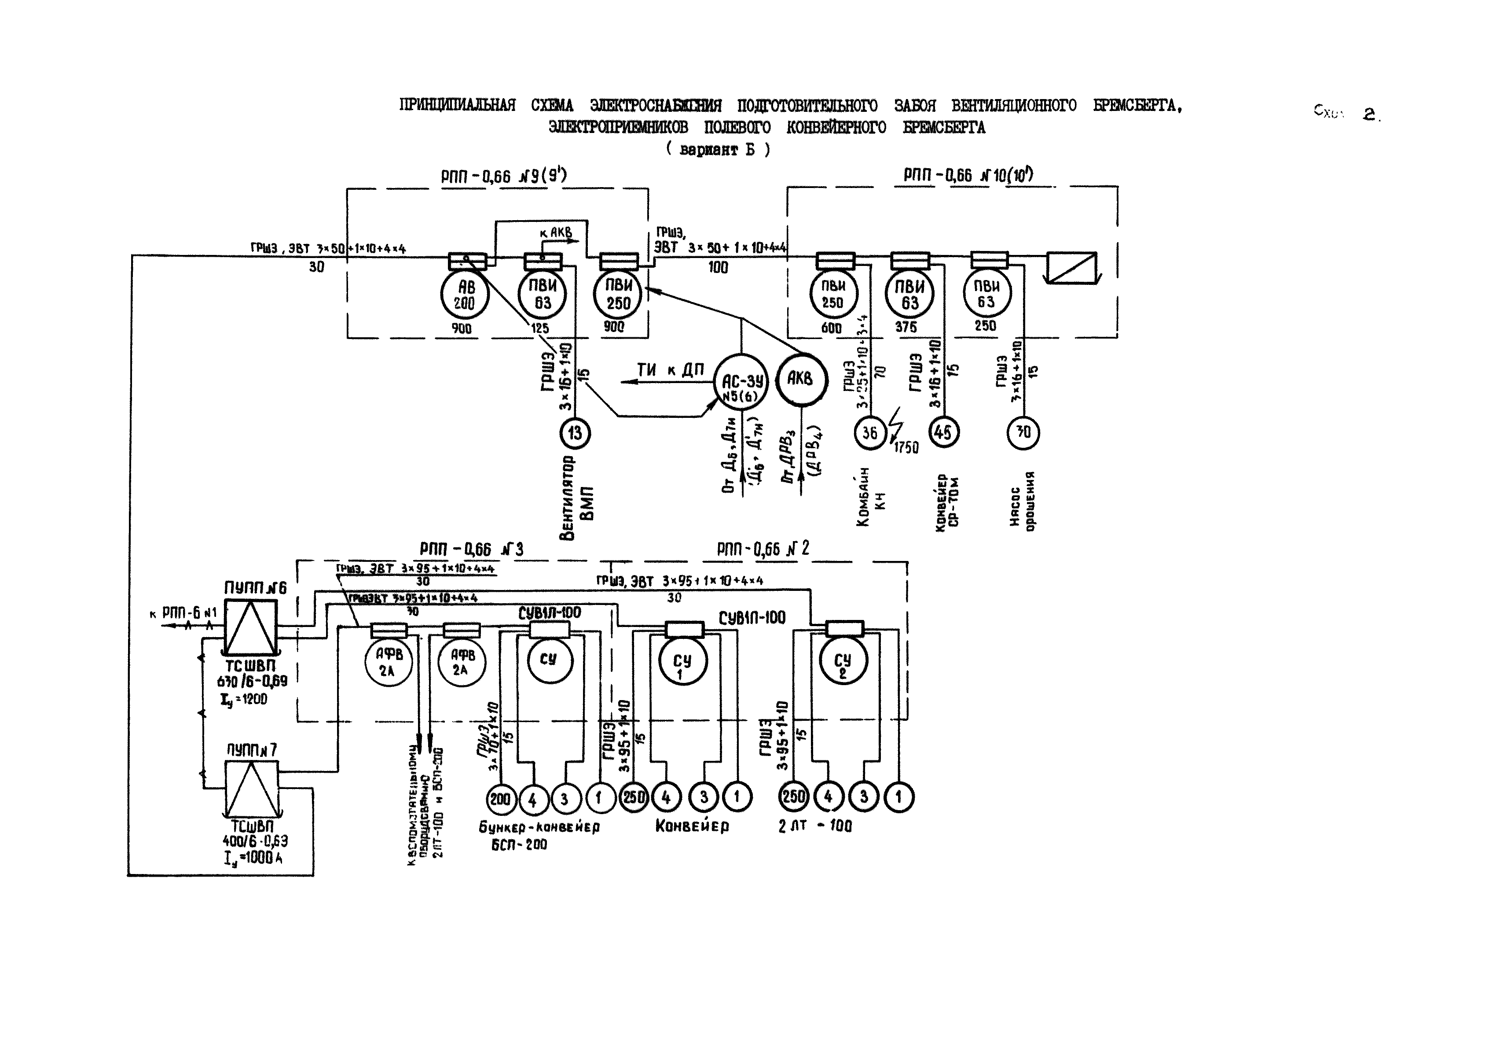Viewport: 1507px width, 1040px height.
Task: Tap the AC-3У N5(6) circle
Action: [741, 382]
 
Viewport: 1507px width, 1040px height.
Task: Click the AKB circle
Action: [800, 379]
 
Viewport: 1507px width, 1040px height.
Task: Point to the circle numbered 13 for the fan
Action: [575, 433]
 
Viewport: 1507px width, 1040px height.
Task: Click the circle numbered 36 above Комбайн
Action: [870, 433]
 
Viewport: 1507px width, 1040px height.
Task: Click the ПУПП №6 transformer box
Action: [251, 627]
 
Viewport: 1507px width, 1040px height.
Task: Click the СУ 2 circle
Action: [842, 664]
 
